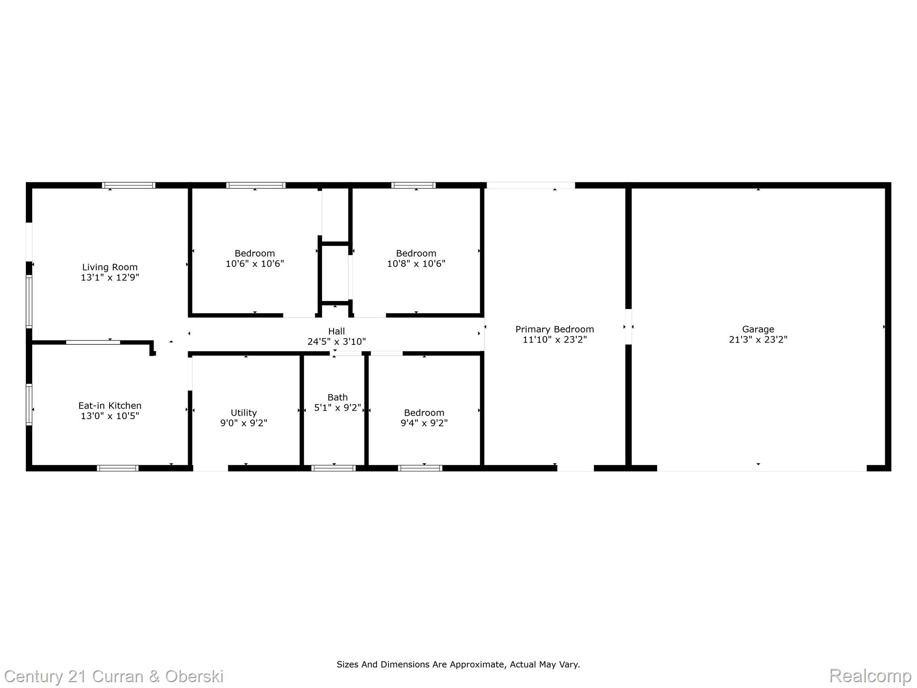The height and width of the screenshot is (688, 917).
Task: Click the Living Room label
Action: (110, 267)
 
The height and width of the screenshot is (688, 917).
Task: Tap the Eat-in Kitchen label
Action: (110, 406)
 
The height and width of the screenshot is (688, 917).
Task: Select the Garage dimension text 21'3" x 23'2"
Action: (758, 340)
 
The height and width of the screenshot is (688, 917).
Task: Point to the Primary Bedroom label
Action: (554, 330)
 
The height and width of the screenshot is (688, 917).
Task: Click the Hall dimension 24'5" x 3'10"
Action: (336, 342)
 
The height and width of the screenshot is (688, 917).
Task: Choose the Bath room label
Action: (337, 398)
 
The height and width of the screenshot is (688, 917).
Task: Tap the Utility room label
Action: (244, 413)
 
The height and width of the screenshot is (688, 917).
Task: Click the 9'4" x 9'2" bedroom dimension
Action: (424, 423)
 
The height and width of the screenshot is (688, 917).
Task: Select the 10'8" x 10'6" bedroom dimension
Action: (416, 264)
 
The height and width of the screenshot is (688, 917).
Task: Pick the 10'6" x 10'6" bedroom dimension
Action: (255, 264)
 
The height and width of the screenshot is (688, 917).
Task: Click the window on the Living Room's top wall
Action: (129, 185)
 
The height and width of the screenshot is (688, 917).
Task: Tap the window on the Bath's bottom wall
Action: (334, 468)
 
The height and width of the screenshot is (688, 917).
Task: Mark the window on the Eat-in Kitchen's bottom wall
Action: (118, 468)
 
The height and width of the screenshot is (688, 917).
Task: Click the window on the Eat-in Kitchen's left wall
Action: (29, 404)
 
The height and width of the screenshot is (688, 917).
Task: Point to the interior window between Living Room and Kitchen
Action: (93, 342)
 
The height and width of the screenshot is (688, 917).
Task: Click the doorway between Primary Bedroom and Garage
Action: (628, 327)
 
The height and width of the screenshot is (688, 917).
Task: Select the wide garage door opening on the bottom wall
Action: (761, 468)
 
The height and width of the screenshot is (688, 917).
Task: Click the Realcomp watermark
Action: (870, 676)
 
